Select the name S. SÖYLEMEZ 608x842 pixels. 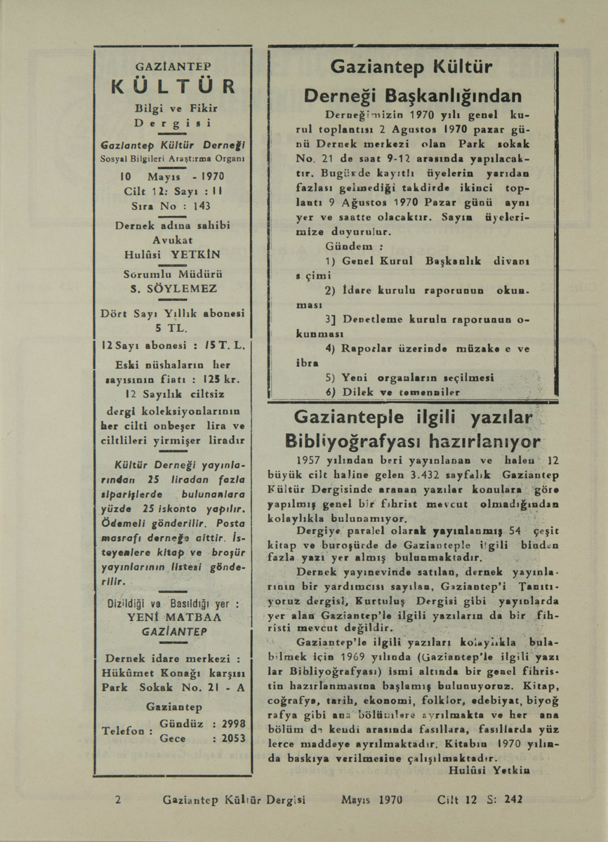pyautogui.click(x=173, y=288)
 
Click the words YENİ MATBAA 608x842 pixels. pyautogui.click(x=173, y=617)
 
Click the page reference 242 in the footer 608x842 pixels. pyautogui.click(x=515, y=798)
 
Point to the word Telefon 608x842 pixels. pyautogui.click(x=124, y=730)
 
